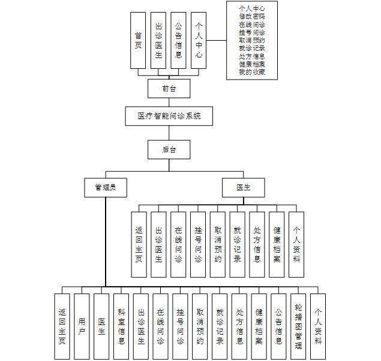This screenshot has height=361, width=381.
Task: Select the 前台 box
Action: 169,89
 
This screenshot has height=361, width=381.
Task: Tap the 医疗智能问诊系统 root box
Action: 169,116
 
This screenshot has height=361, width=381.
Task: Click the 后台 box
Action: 169,149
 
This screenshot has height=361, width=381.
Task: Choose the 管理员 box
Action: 106,187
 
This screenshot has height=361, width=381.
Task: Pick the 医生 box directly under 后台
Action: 244,187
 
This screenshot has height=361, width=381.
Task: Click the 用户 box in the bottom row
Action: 82,326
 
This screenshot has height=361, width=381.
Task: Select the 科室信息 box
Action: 122,326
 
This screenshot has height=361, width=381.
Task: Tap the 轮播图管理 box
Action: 298,326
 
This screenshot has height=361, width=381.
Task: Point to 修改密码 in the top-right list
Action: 251,17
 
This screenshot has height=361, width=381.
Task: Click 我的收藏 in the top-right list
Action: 251,72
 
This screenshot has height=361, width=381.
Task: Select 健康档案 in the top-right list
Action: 251,64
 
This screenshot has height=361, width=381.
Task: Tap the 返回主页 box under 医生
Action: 139,244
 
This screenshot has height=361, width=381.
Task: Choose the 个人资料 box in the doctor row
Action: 296,244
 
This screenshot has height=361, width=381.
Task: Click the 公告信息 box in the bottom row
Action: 278,326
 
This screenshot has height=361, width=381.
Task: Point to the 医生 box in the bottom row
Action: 102,326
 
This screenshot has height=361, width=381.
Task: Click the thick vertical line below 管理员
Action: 106,239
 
